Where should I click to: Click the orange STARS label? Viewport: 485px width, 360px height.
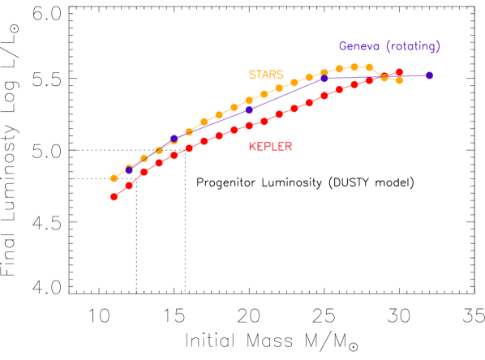(266, 75)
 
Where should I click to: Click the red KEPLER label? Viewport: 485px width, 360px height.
(270, 147)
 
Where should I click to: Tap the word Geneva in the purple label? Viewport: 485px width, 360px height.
(358, 46)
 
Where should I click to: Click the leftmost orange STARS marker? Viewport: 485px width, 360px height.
(114, 178)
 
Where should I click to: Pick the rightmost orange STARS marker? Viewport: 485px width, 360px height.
(399, 80)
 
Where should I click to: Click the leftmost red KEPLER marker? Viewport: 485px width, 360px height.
(114, 196)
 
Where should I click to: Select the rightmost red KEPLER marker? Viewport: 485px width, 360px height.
(399, 72)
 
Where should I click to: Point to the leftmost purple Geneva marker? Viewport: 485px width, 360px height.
(129, 170)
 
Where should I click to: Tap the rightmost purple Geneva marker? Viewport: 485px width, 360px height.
(429, 75)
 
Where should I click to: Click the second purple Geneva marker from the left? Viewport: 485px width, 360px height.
(174, 139)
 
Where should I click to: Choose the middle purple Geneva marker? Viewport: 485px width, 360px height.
(249, 109)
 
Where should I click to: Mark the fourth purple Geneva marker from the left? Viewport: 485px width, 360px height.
(324, 79)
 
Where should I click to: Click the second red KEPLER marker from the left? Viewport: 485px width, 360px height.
(129, 186)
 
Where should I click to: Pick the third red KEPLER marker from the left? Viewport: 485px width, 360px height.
(144, 172)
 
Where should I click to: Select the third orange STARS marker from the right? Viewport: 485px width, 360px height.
(369, 67)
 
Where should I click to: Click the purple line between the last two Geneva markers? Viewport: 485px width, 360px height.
(377, 77)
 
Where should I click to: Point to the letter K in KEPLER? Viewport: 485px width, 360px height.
(252, 147)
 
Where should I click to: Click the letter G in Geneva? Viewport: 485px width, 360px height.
(342, 46)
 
